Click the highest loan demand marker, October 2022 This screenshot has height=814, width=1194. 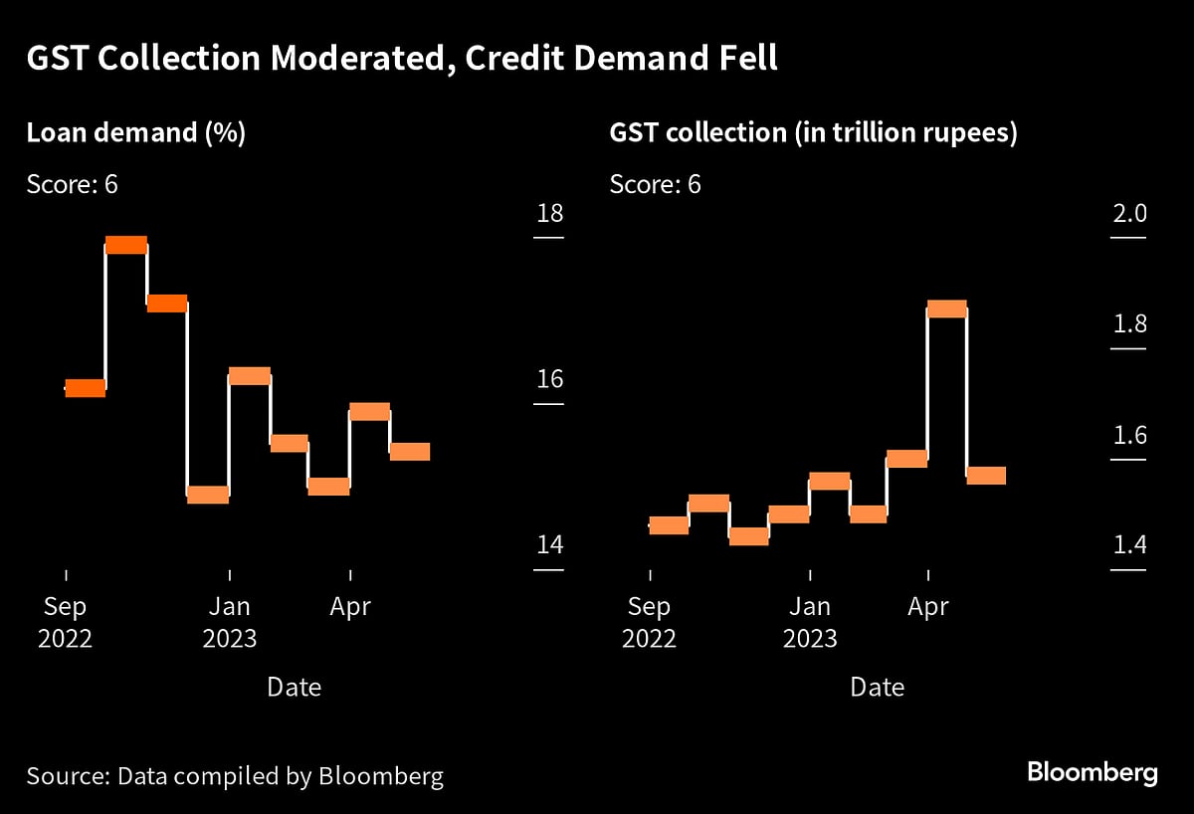coord(126,245)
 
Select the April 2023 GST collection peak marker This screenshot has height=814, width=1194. coord(946,308)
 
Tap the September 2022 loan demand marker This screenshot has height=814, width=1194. coord(85,388)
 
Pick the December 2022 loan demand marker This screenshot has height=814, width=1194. coord(208,495)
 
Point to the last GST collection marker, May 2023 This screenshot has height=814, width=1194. coord(986,476)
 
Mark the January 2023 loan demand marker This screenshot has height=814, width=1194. coord(249,376)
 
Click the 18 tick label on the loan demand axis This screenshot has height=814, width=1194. coord(548,214)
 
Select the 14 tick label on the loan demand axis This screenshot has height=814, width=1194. coord(548,545)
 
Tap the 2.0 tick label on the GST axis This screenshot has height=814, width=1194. coord(1129,214)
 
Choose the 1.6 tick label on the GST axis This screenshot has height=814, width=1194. coord(1129,436)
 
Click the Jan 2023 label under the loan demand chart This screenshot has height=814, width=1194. coord(230,622)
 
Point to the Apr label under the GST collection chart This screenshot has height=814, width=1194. coord(928,606)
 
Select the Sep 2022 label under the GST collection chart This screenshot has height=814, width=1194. coord(650,622)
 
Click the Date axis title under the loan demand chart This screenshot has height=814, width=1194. coord(294,687)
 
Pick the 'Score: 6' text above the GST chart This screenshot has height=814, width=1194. coord(655,184)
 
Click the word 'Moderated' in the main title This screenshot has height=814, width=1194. coord(331,60)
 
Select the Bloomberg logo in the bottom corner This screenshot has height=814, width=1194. coord(1093,772)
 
